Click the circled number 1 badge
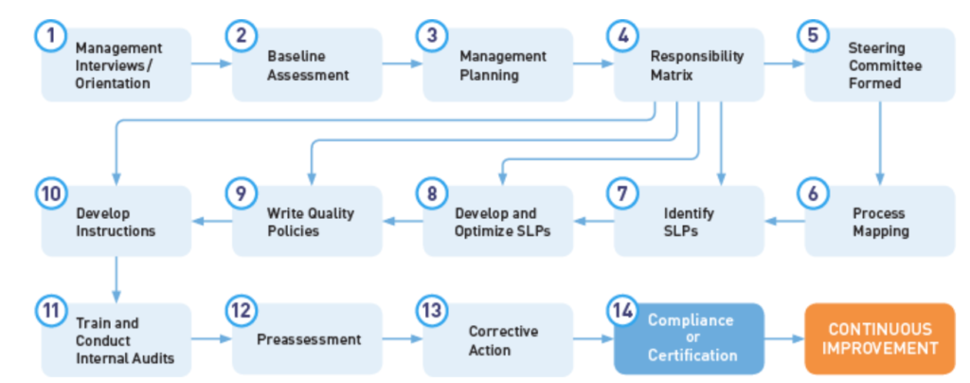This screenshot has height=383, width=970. click(x=51, y=36)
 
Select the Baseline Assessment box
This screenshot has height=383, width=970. click(x=308, y=65)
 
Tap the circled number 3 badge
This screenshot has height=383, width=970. click(x=432, y=36)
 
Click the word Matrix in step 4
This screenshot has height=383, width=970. click(x=672, y=77)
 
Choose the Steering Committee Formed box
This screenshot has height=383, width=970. click(x=880, y=65)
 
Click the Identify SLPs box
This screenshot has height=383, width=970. click(x=690, y=221)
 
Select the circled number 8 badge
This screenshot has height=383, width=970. click(x=432, y=193)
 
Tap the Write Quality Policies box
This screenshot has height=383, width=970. click(x=308, y=221)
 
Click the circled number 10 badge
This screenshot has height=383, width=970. click(x=51, y=193)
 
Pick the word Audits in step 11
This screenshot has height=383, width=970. click(x=153, y=358)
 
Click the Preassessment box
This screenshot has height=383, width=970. click(x=308, y=338)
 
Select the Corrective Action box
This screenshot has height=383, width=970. click(x=498, y=338)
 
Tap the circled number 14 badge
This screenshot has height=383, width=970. click(x=623, y=311)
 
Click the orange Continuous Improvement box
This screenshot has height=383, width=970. click(x=880, y=338)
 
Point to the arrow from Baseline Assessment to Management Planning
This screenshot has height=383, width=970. click(x=403, y=64)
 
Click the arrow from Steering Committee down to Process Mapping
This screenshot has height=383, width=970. click(x=880, y=143)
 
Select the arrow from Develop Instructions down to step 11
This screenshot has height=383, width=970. click(x=117, y=280)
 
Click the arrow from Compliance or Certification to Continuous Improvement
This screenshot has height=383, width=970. click(x=784, y=338)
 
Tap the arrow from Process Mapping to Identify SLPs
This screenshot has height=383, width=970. click(x=784, y=221)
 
